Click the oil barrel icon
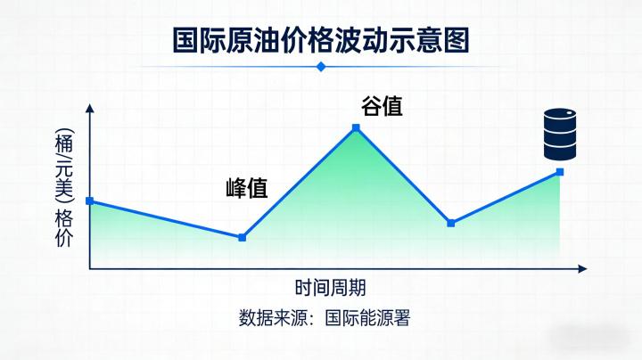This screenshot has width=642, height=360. click(561, 132)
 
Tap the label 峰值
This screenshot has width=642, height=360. click(246, 188)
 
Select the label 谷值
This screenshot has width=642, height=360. click(381, 107)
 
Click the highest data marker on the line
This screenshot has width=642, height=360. click(356, 128)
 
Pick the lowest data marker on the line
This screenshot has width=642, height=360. click(243, 237)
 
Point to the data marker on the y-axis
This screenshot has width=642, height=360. click(89, 201)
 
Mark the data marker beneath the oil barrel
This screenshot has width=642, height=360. click(560, 172)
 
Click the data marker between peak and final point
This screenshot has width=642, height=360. click(450, 223)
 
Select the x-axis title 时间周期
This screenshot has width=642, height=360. click(330, 288)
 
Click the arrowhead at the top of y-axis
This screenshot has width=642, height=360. click(89, 108)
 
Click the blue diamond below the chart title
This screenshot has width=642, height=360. click(321, 66)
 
